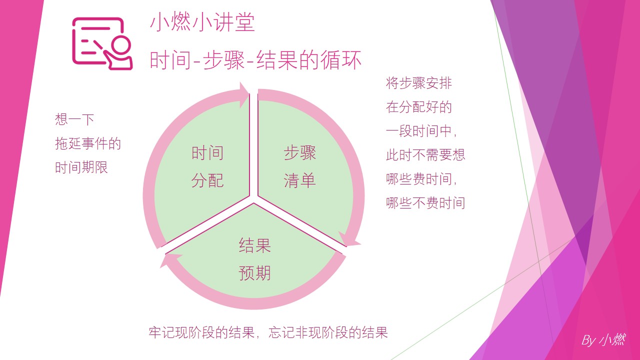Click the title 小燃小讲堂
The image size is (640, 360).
pyautogui.click(x=202, y=23)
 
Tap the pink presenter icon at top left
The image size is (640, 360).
pyautogui.click(x=102, y=43)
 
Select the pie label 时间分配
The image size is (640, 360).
pyautogui.click(x=207, y=166)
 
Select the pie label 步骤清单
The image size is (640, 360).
pyautogui.click(x=300, y=166)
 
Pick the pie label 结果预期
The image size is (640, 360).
pyautogui.click(x=255, y=259)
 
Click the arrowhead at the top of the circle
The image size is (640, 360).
pyautogui.click(x=244, y=95)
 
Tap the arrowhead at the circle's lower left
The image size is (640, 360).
pyautogui.click(x=169, y=260)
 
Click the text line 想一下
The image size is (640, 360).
pyautogui.click(x=74, y=119)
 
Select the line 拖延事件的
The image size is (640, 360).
pyautogui.click(x=88, y=144)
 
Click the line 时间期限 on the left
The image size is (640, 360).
pyautogui.click(x=81, y=167)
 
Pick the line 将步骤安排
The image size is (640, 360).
pyautogui.click(x=419, y=82)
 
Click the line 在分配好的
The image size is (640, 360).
pyautogui.click(x=419, y=106)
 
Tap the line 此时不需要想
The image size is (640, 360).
pyautogui.click(x=425, y=154)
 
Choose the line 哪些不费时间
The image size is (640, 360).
pyautogui.click(x=425, y=202)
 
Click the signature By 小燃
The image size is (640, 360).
pyautogui.click(x=603, y=340)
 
